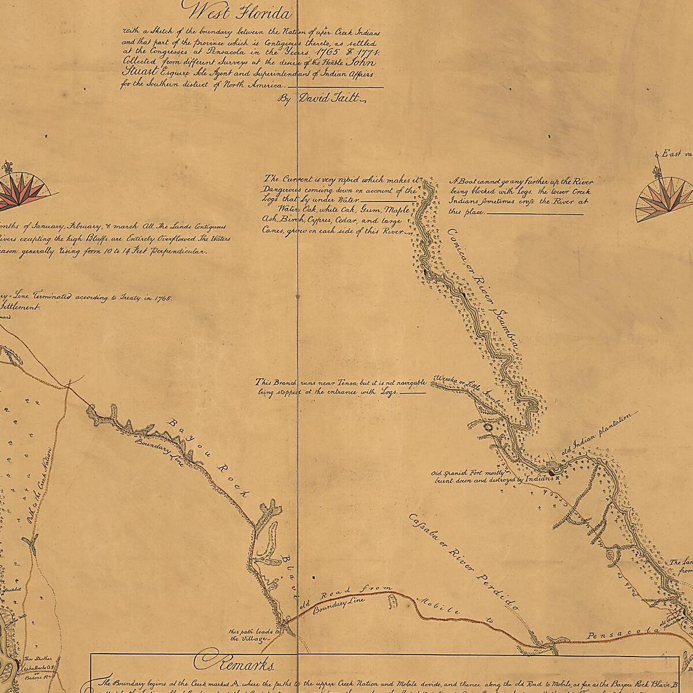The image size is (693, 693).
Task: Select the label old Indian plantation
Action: pyautogui.click(x=601, y=433)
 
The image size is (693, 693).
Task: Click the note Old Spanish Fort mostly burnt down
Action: pyautogui.click(x=491, y=476)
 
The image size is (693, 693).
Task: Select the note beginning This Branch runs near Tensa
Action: pyautogui.click(x=341, y=387)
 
